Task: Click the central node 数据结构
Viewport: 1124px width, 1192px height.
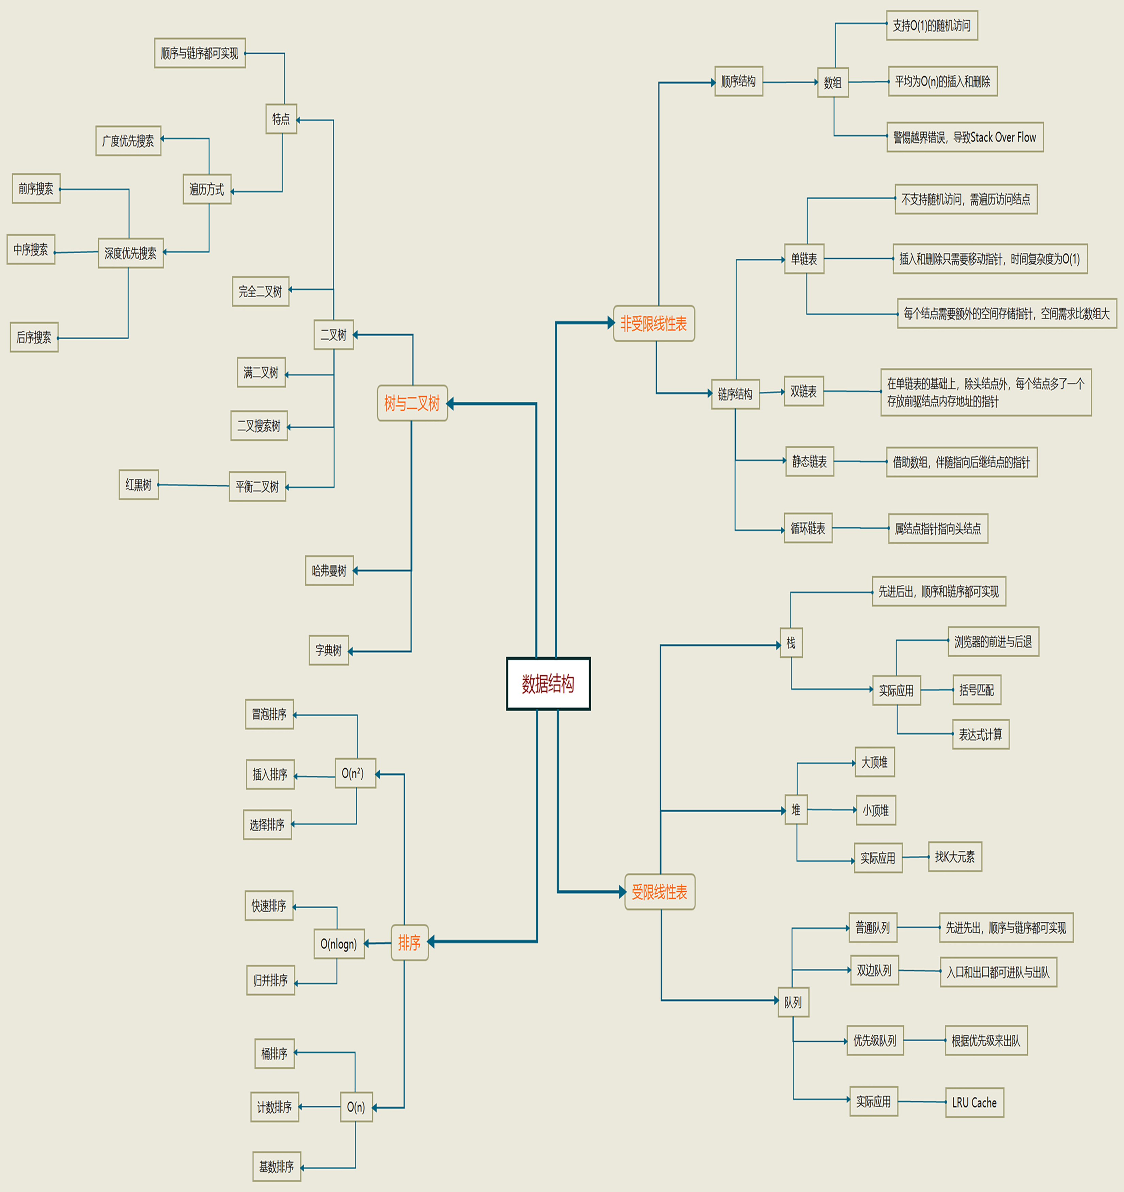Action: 548,684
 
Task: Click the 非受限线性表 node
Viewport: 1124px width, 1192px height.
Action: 653,324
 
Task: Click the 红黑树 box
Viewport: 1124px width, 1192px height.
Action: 139,485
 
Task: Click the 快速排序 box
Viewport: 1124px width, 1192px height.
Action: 269,905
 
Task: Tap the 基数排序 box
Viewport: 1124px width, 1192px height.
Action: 277,1166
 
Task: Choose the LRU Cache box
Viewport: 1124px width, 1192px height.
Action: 974,1102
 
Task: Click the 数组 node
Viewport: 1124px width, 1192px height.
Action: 832,82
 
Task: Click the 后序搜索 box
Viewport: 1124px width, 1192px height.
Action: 34,337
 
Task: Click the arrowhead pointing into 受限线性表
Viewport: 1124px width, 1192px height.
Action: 622,892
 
